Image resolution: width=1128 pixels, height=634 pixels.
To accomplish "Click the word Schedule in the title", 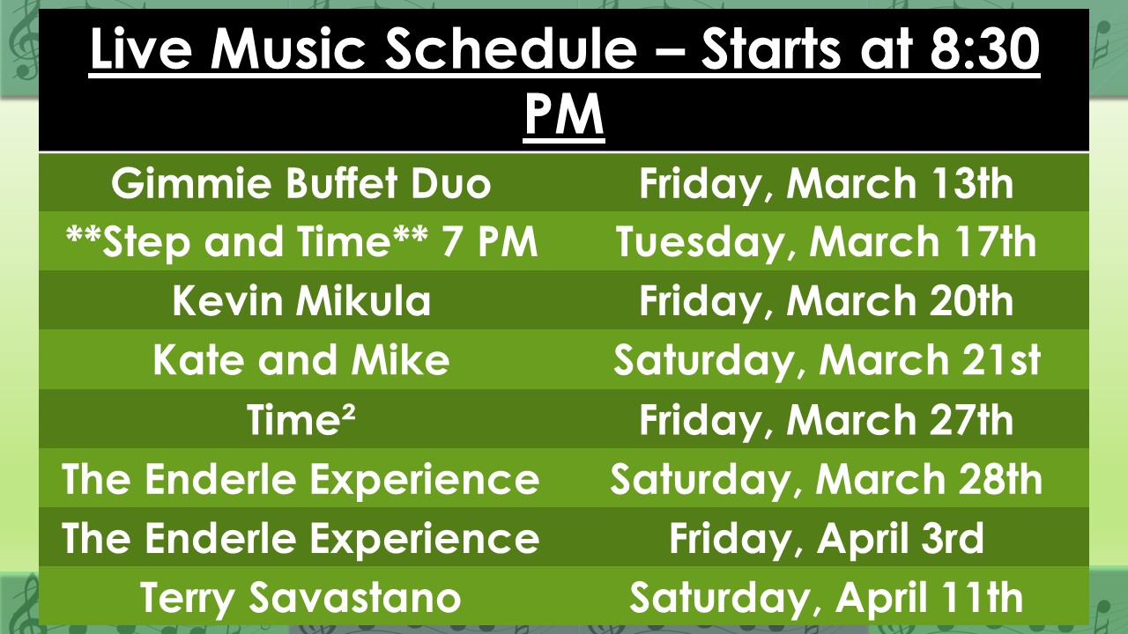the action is [x=511, y=48].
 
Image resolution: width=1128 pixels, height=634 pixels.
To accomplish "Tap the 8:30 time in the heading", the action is [x=984, y=48].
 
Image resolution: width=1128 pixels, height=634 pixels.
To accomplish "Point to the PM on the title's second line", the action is [x=564, y=114].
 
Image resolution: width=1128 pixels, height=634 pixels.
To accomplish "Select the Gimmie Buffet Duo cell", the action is [x=301, y=183].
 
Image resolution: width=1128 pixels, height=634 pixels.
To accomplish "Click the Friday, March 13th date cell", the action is [x=826, y=184].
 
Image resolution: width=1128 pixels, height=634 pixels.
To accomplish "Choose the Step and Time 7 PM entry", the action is [x=302, y=242].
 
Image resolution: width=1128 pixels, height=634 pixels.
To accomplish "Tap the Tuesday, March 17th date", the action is [x=826, y=242].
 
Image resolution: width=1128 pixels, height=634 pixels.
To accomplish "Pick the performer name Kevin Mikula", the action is [x=301, y=301].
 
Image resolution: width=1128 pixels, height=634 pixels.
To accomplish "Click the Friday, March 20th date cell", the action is [x=826, y=302].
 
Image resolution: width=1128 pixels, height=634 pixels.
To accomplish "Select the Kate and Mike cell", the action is [x=301, y=360].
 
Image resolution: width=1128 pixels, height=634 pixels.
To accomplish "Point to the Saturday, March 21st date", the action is [x=827, y=361].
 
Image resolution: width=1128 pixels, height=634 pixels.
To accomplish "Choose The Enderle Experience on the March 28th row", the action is [x=301, y=480].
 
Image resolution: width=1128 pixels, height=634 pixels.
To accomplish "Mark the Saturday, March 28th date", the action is [x=826, y=480].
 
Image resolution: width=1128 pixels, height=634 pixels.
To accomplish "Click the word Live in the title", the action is [x=140, y=48].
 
